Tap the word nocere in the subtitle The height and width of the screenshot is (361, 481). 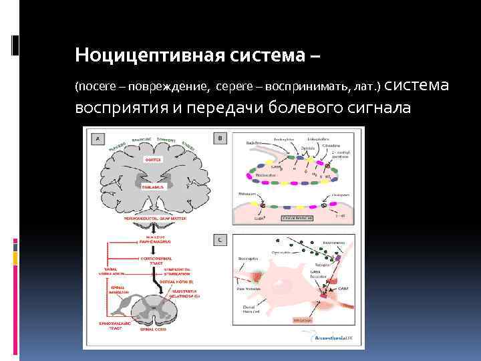95,87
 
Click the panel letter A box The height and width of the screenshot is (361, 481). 99,138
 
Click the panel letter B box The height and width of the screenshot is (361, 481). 220,138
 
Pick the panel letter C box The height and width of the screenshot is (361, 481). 220,239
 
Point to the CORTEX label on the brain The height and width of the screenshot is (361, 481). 154,160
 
